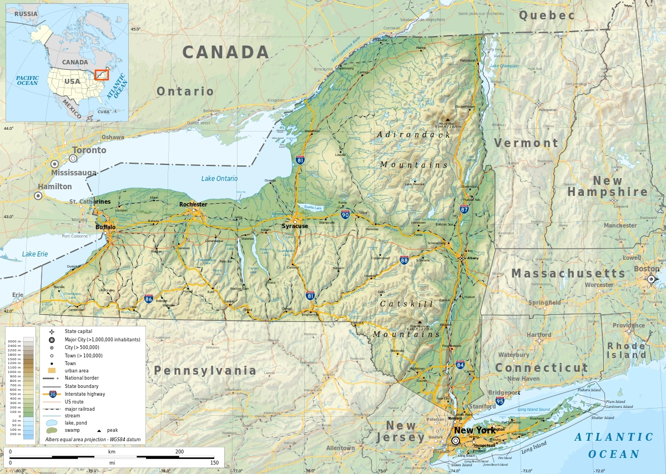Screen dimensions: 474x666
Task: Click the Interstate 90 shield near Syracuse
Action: coord(345,215)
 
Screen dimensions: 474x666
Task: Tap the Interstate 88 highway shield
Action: coord(404,260)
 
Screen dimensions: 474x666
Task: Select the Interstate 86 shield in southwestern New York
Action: coord(149,299)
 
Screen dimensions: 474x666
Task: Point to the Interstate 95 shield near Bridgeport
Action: coord(500,401)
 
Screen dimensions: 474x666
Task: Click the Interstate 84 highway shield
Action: coord(461,365)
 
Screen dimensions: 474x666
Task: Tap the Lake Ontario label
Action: coord(219,179)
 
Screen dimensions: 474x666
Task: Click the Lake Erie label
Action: coord(35,254)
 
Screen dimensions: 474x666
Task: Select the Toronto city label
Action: coord(89,150)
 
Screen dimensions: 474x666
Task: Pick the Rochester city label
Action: coord(193,205)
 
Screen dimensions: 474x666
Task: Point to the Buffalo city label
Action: coord(105,228)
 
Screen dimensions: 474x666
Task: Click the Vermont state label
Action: coord(526,143)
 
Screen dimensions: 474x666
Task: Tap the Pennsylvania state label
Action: coord(205,371)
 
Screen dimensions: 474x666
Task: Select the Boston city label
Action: coord(647,269)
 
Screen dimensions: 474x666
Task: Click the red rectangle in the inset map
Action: coord(101,74)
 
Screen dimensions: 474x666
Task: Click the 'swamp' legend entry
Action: coord(72,430)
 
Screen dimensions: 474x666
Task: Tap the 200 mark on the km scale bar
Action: coord(179,452)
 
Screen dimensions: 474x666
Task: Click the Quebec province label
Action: coord(547,16)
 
